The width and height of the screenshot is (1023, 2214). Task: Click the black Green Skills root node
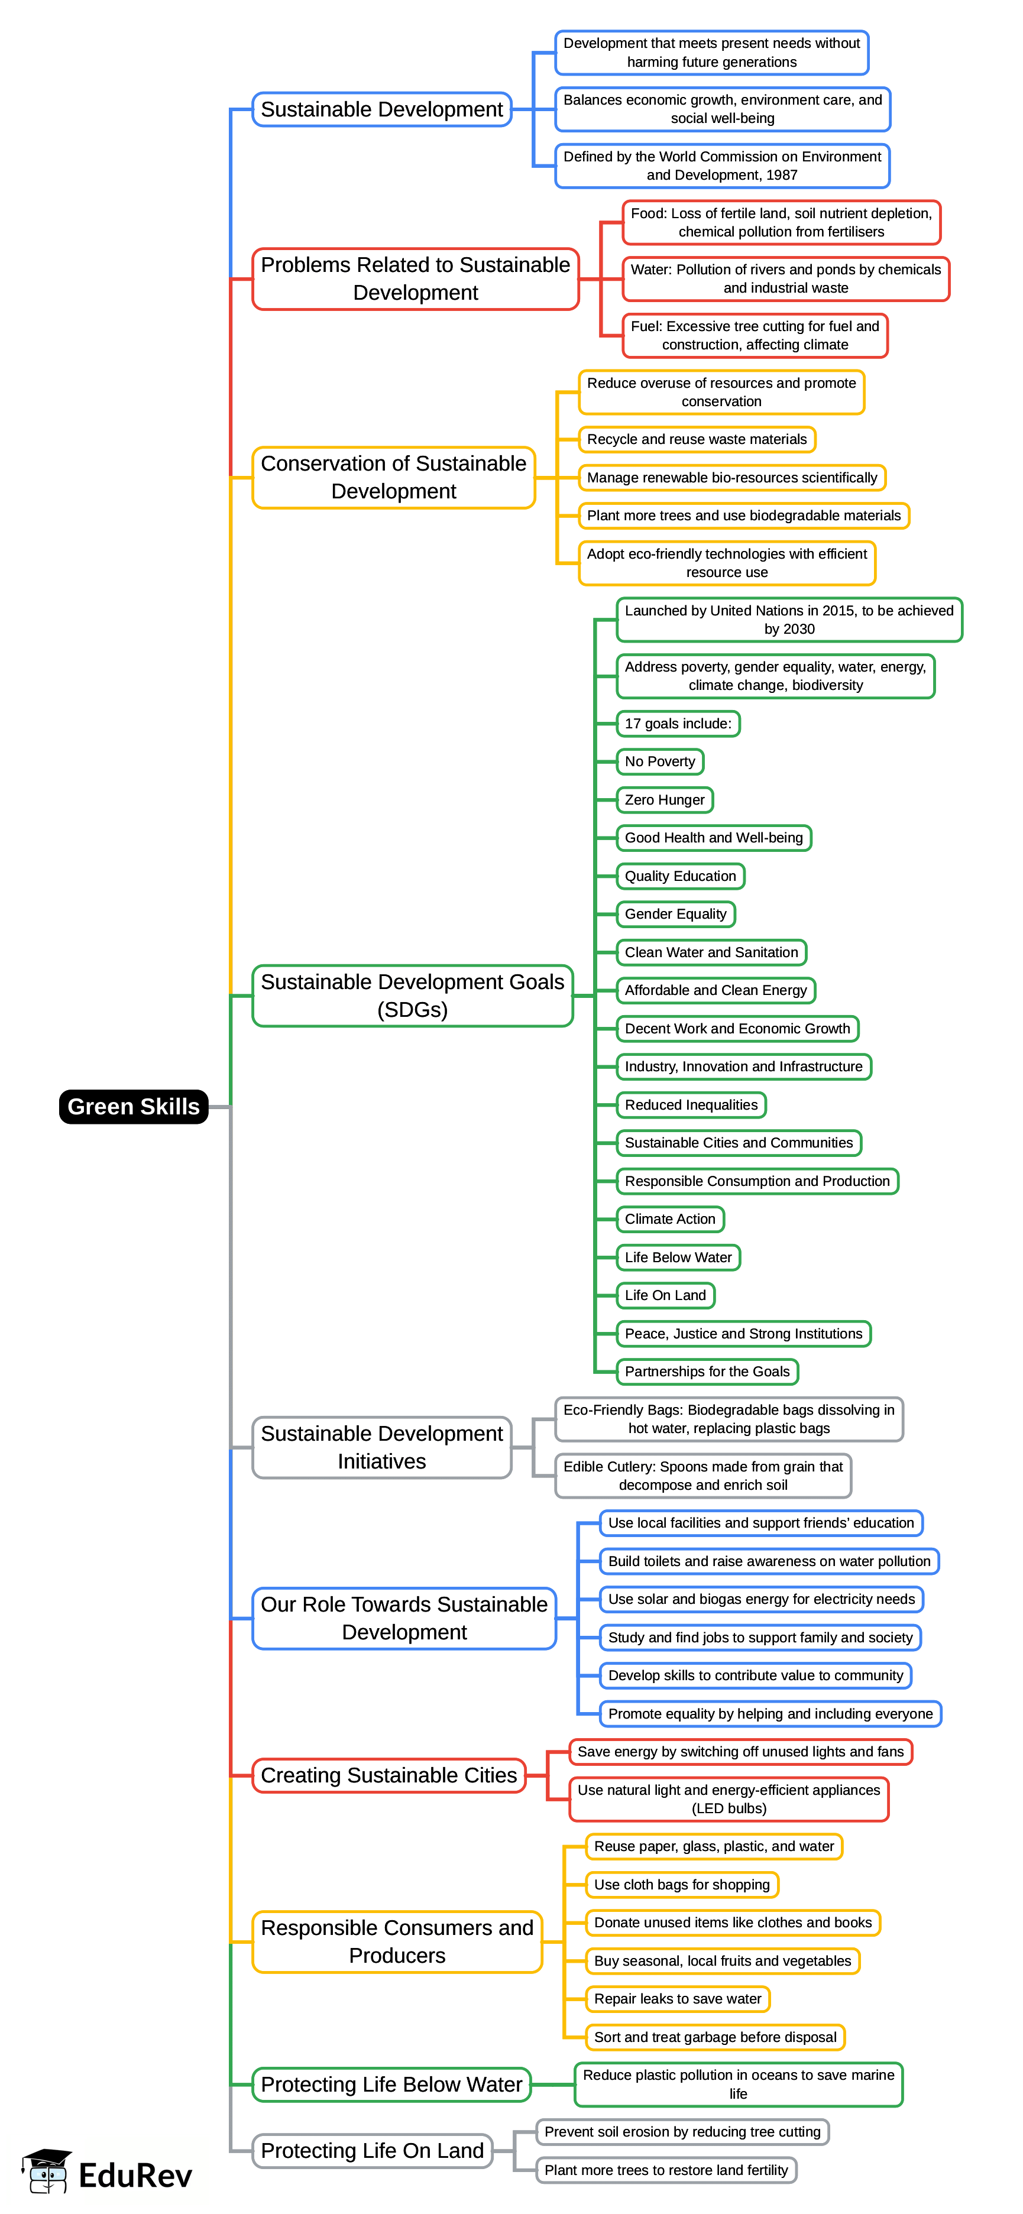(x=133, y=1106)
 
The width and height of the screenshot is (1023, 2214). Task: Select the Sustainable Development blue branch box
(x=381, y=109)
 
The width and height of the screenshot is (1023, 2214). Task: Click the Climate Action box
(x=669, y=1218)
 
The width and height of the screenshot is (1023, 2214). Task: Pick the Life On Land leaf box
(x=665, y=1295)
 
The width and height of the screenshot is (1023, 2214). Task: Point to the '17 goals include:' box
(x=678, y=724)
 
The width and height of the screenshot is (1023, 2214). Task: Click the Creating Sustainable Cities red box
(x=389, y=1775)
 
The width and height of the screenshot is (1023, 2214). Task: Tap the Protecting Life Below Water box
(x=391, y=2084)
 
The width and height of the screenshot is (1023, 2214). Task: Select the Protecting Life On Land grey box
(x=372, y=2150)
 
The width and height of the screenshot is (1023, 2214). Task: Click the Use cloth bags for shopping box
(x=682, y=1885)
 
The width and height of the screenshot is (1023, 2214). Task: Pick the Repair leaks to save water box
(x=678, y=1998)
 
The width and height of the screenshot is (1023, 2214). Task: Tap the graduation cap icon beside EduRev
(x=48, y=2172)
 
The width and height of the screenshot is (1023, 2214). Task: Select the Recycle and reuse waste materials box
(x=697, y=439)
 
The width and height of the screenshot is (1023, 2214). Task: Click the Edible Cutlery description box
(x=702, y=1476)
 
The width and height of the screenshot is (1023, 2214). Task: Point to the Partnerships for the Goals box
(x=707, y=1372)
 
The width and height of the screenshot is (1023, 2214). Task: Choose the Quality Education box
(x=680, y=876)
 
